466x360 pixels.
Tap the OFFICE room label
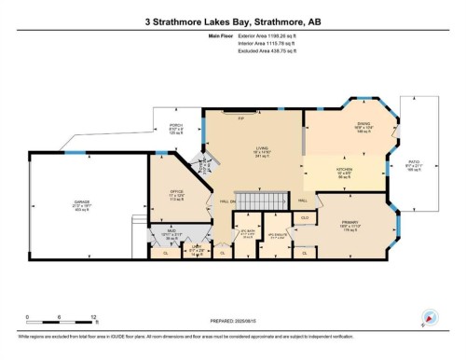(177, 193)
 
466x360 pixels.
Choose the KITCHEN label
(345, 171)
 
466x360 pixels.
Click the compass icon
(430, 318)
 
